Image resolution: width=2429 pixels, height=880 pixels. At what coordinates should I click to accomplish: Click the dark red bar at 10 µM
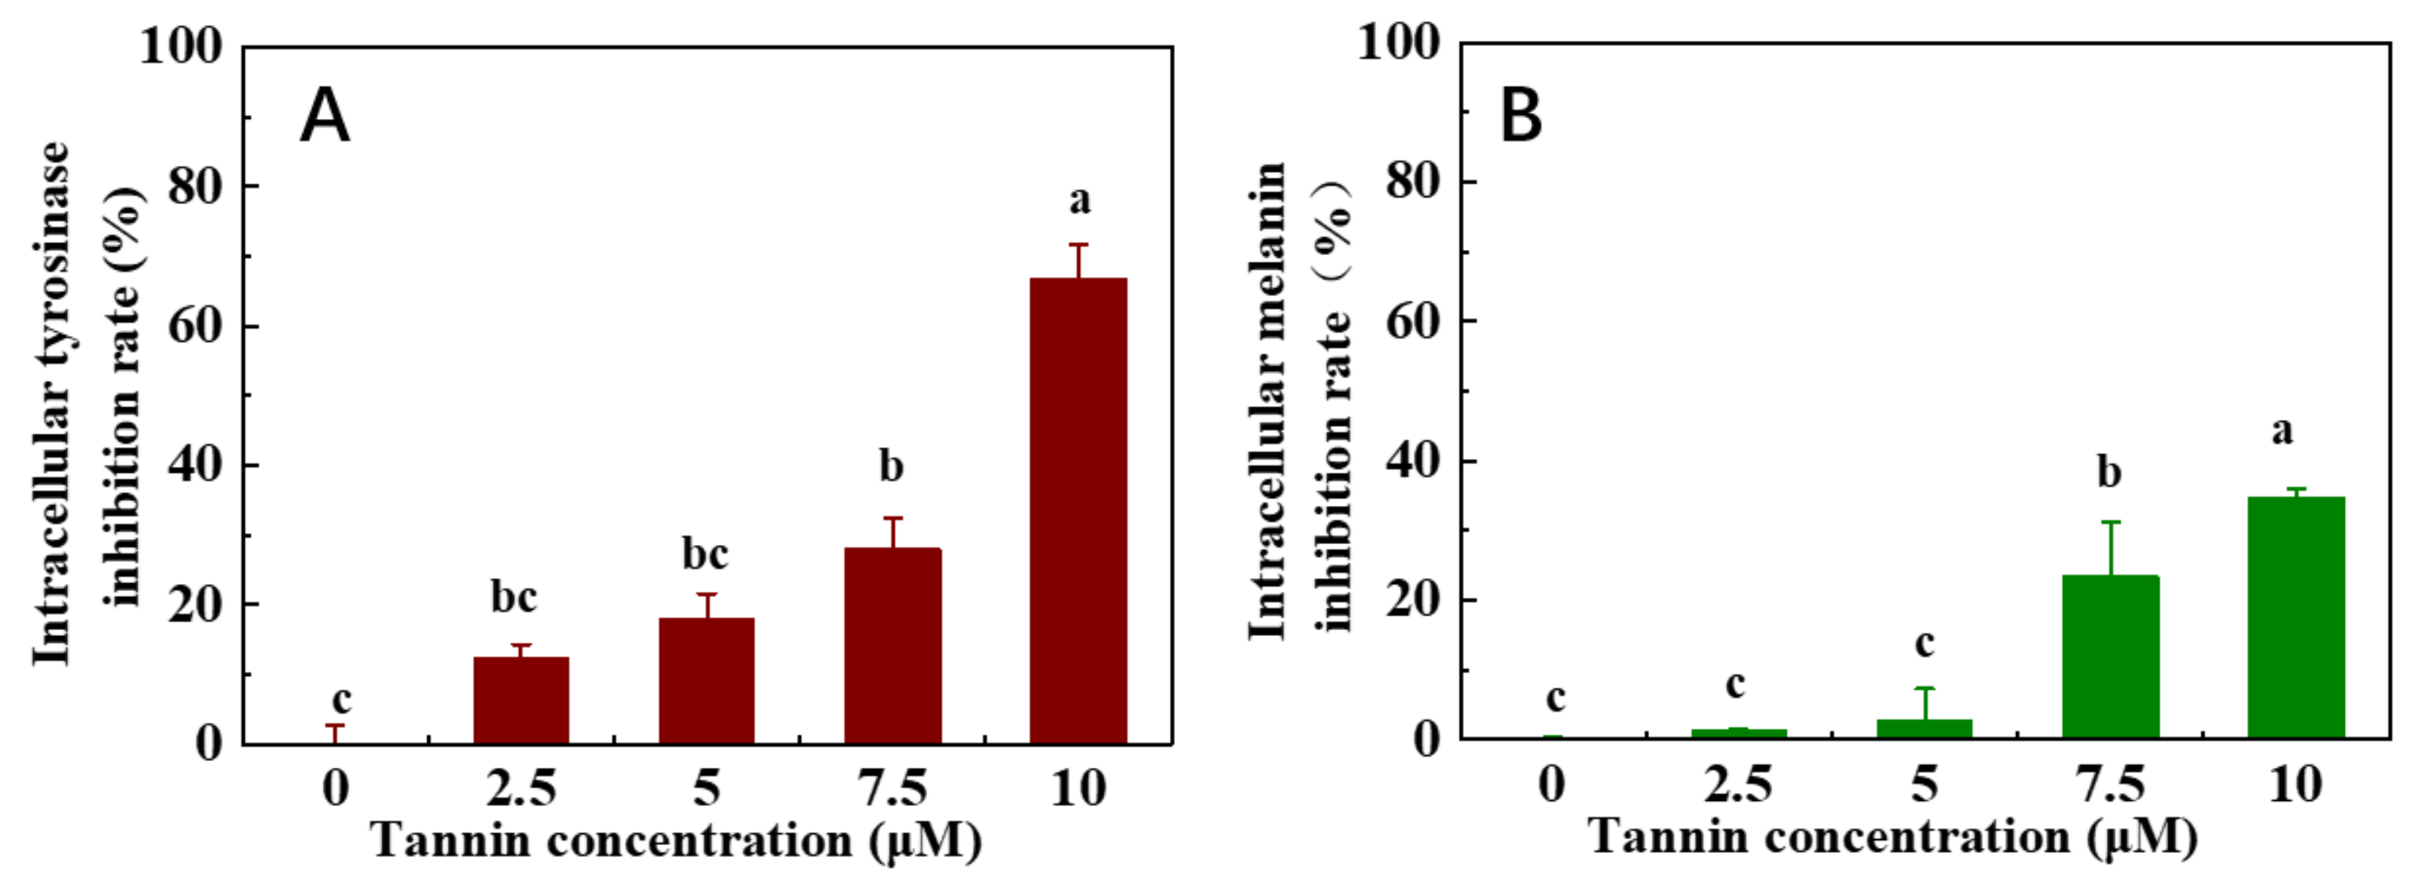(1078, 509)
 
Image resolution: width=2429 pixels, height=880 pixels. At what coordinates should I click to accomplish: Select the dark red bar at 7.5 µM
(892, 645)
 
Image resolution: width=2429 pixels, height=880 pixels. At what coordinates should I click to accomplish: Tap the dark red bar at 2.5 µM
(521, 700)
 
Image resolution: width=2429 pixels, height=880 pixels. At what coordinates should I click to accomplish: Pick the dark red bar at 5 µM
(706, 680)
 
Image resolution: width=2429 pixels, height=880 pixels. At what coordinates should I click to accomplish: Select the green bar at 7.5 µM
(2110, 656)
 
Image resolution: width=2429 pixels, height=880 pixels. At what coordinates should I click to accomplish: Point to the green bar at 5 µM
(1924, 728)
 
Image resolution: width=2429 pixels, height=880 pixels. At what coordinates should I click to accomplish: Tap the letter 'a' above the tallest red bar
(1080, 200)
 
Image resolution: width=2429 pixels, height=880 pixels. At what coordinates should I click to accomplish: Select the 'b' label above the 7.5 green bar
(2110, 472)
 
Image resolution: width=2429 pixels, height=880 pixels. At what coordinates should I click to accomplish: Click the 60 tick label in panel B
(1414, 321)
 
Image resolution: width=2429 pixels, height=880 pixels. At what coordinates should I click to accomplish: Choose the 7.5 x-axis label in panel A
(892, 788)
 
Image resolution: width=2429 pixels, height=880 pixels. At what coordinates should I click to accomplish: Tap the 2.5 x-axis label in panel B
(1737, 785)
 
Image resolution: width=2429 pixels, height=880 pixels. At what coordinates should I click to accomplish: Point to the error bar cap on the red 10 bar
(1078, 245)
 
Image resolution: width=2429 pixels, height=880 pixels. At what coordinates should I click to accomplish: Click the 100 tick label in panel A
(181, 45)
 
